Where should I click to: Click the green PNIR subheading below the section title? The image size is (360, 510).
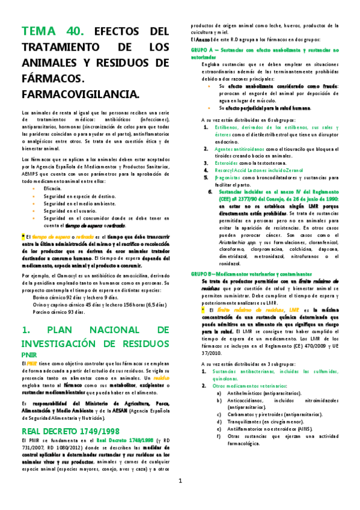pyautogui.click(x=29, y=354)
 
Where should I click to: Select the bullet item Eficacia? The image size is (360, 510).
pyautogui.click(x=52, y=189)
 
